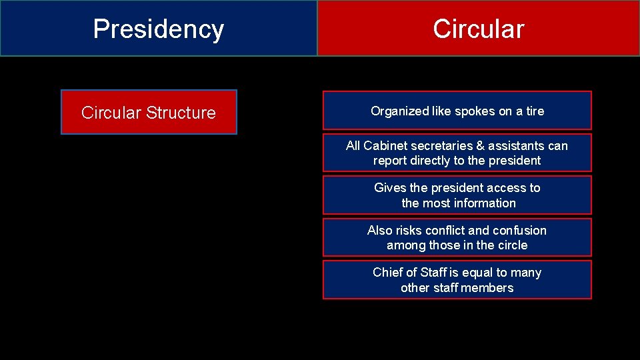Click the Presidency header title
click(x=158, y=29)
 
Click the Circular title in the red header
click(x=478, y=29)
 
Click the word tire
click(x=535, y=111)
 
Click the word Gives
click(x=389, y=188)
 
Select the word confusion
click(x=519, y=231)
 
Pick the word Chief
click(x=388, y=273)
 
